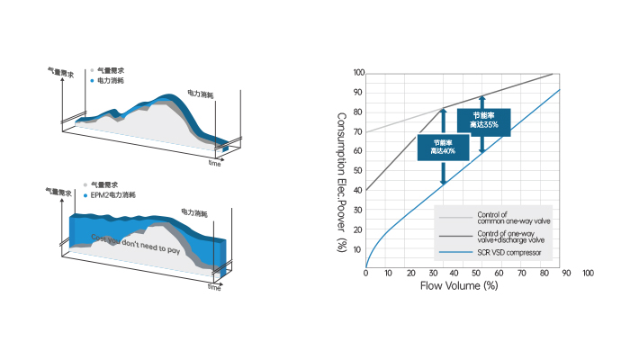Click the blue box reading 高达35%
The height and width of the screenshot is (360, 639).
(x=483, y=120)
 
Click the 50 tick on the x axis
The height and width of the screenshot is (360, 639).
(x=477, y=273)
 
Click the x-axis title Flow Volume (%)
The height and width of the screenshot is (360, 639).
(x=459, y=286)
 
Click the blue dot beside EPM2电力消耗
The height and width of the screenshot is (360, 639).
(x=85, y=195)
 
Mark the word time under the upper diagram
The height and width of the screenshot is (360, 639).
(x=215, y=165)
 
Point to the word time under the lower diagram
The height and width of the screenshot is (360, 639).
(x=215, y=288)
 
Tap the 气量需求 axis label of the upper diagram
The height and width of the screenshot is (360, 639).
(x=61, y=71)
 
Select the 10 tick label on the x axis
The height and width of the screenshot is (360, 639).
(x=388, y=273)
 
